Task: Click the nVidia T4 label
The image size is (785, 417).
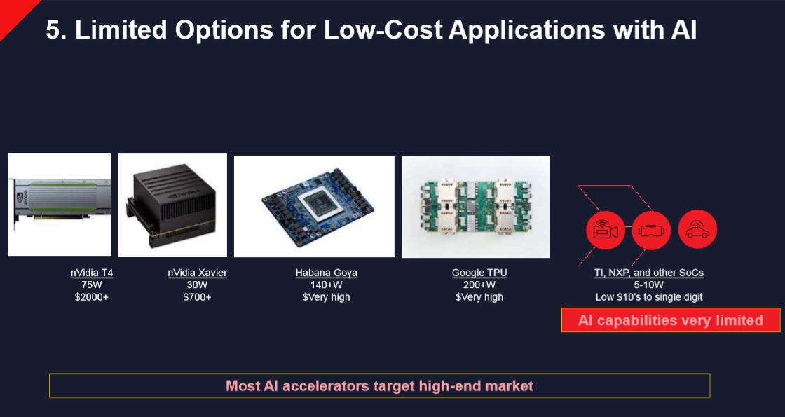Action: (92, 273)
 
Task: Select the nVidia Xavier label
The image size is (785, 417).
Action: (197, 273)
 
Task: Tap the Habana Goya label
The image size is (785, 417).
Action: (326, 273)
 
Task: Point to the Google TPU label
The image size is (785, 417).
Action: (479, 273)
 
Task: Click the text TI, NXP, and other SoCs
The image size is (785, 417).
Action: (648, 273)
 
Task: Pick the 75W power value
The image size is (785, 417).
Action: (92, 285)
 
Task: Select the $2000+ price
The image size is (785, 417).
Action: (92, 297)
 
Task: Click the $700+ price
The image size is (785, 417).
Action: (197, 297)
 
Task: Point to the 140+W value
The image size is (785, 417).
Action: (326, 285)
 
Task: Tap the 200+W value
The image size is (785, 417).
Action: (479, 285)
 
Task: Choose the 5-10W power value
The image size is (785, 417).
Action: (648, 285)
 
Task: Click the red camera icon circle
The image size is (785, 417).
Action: (605, 230)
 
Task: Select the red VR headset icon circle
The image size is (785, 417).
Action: (651, 230)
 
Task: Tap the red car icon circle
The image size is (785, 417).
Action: (697, 230)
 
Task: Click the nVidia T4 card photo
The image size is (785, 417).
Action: (60, 204)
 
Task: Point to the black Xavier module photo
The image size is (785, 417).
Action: (172, 205)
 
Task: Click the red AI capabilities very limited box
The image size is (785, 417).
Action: (670, 321)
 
